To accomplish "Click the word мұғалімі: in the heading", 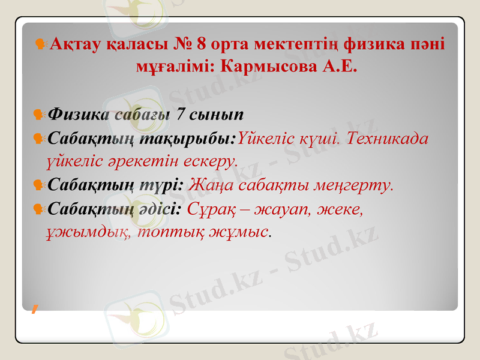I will pos(176,65).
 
